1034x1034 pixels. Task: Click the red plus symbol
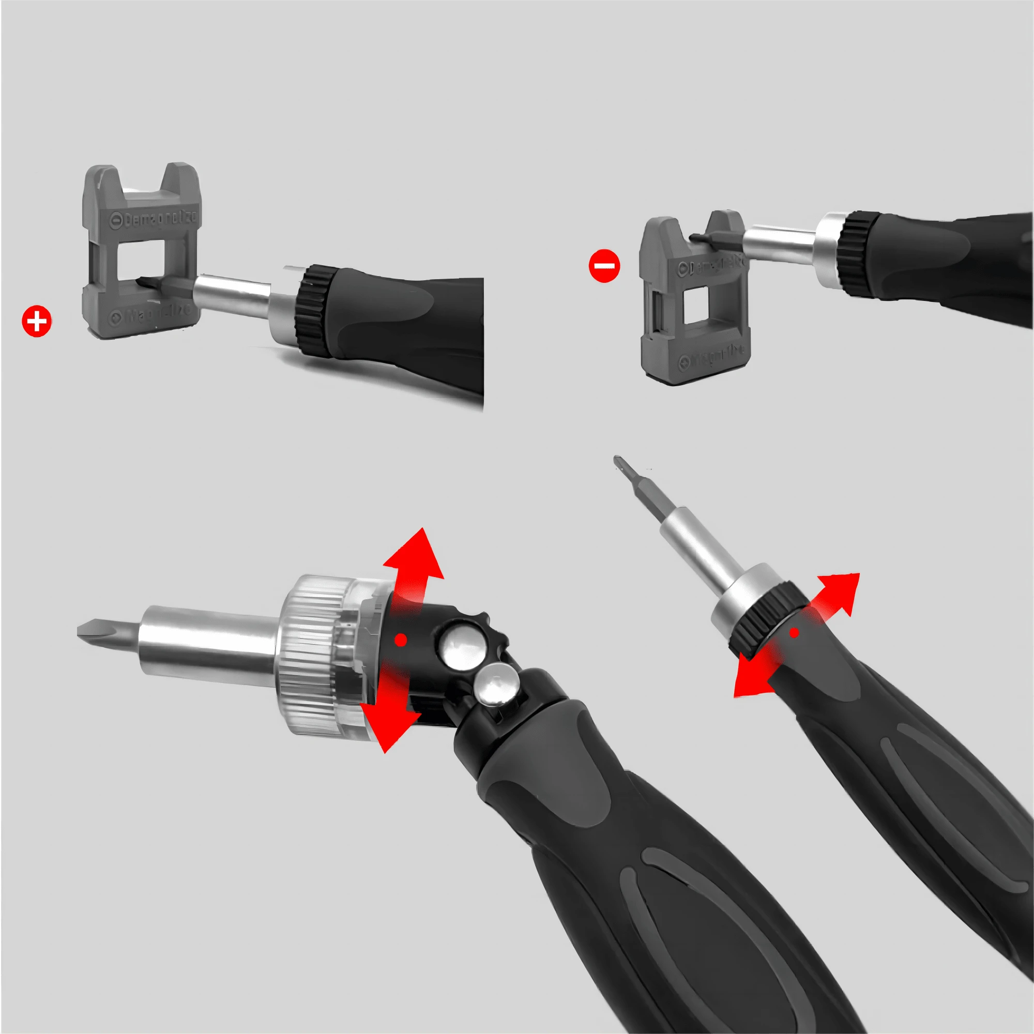click(x=36, y=322)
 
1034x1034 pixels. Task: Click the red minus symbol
click(x=604, y=265)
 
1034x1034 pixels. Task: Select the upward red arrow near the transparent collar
click(x=415, y=567)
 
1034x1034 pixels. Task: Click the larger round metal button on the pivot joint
click(x=461, y=644)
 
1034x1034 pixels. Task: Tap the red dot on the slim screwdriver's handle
click(x=794, y=633)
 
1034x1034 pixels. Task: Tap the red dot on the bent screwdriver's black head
click(x=400, y=640)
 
